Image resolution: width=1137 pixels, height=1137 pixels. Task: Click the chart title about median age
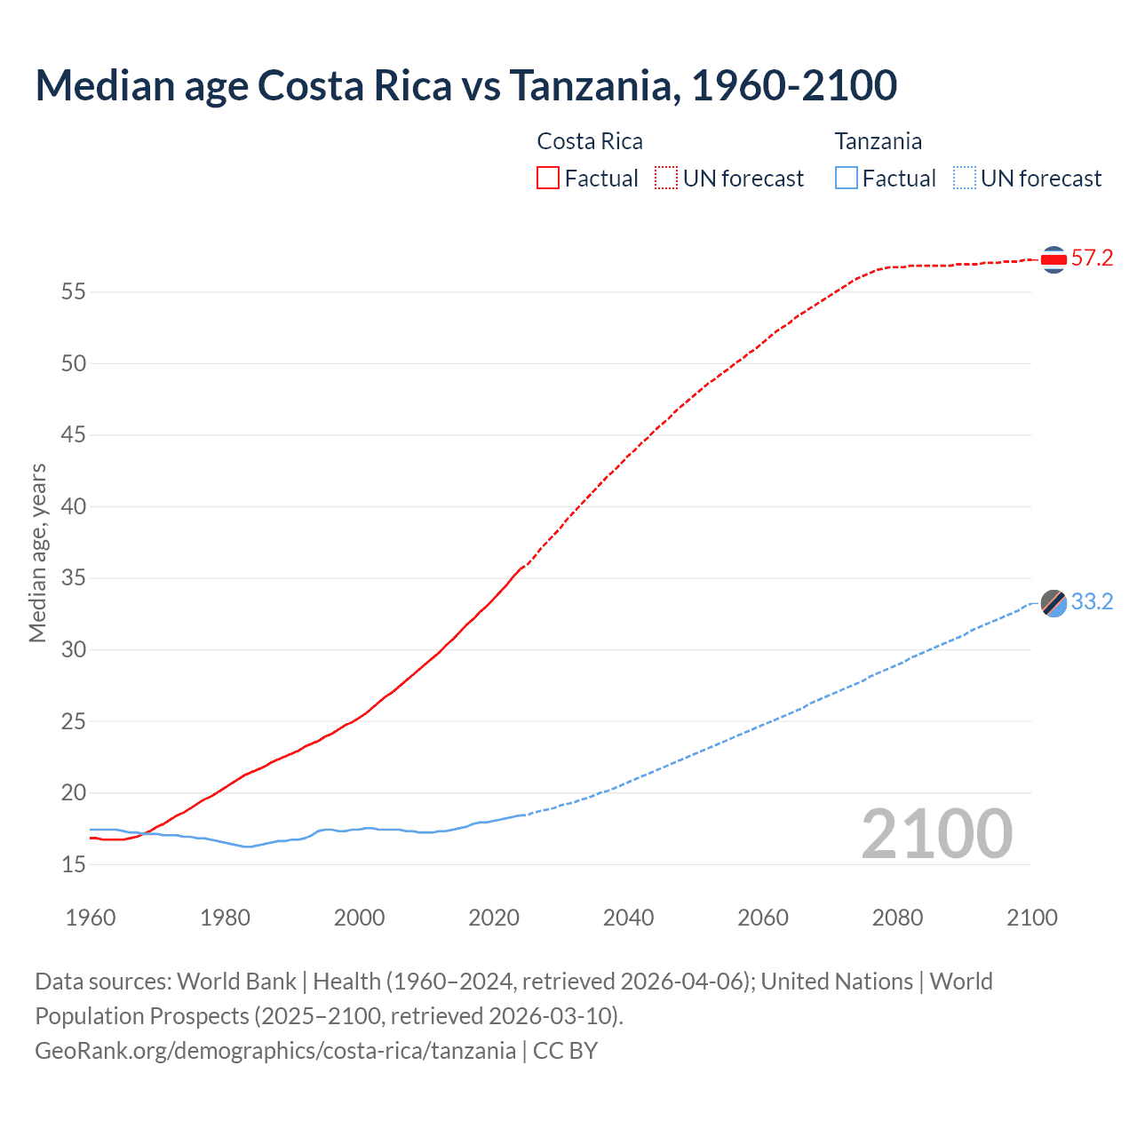pyautogui.click(x=465, y=85)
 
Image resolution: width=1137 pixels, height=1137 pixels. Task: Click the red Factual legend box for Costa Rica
pyautogui.click(x=548, y=178)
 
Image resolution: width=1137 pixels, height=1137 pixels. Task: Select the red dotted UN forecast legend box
pyautogui.click(x=666, y=178)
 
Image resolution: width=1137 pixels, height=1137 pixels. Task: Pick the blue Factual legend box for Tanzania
pyautogui.click(x=846, y=178)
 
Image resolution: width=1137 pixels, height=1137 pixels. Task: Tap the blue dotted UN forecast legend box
pyautogui.click(x=964, y=178)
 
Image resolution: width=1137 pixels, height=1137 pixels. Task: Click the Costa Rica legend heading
pyautogui.click(x=590, y=141)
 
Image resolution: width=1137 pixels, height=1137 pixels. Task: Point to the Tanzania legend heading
pyautogui.click(x=878, y=141)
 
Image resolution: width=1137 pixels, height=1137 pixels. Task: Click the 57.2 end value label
pyautogui.click(x=1092, y=258)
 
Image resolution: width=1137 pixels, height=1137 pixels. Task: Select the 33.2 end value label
pyautogui.click(x=1092, y=602)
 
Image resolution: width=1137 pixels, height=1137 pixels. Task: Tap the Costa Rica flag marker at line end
pyautogui.click(x=1054, y=259)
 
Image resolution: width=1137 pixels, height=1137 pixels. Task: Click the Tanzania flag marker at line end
pyautogui.click(x=1054, y=603)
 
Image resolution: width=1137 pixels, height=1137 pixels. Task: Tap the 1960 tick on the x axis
pyautogui.click(x=91, y=918)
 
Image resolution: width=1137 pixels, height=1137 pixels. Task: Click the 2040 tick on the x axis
pyautogui.click(x=628, y=918)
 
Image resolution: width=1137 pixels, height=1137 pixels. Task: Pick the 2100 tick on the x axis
pyautogui.click(x=1031, y=918)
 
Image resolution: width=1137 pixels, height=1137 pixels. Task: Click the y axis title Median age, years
pyautogui.click(x=37, y=553)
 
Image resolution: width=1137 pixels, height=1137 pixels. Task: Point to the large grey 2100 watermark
pyautogui.click(x=936, y=834)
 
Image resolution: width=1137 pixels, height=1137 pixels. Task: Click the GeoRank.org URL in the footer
pyautogui.click(x=275, y=1051)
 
